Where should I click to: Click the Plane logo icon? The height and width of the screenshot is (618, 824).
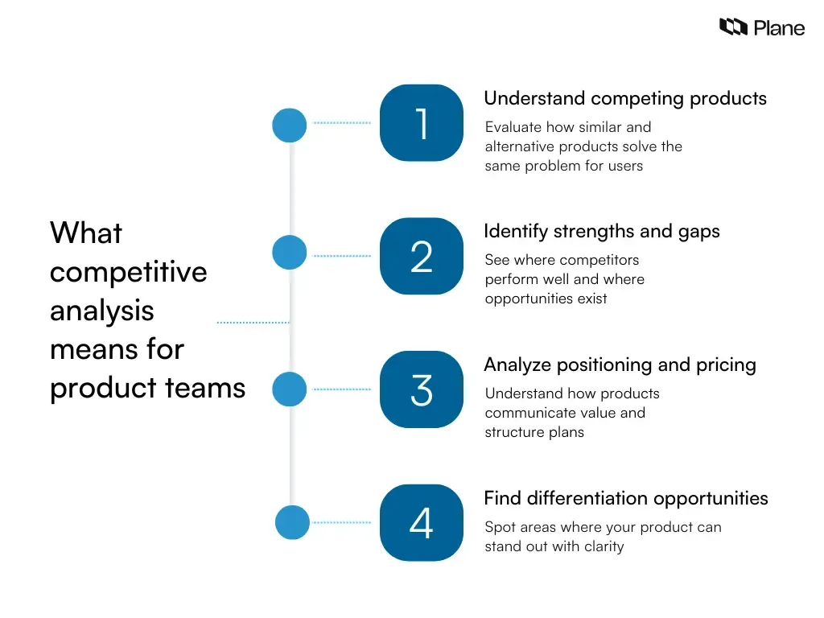[x=733, y=27]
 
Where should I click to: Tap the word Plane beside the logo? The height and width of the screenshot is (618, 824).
[x=779, y=28]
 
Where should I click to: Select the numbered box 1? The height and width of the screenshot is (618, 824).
[x=422, y=123]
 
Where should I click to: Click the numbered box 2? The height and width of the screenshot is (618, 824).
[x=422, y=257]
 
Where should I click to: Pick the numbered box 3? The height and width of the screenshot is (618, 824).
[x=422, y=389]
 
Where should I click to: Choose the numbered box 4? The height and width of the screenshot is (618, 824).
[x=422, y=523]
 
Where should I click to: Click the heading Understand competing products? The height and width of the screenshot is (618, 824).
[x=624, y=98]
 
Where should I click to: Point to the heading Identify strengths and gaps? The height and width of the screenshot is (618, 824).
[x=601, y=232]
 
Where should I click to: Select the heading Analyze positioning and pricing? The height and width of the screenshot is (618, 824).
[x=620, y=365]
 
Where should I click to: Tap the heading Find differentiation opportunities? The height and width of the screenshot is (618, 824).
[x=625, y=498]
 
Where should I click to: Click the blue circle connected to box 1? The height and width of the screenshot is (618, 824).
[x=290, y=126]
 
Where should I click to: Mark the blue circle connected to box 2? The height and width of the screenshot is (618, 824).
[x=290, y=253]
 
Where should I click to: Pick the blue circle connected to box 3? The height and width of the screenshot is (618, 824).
[x=290, y=389]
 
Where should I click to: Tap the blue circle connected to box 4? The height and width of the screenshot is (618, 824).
[x=292, y=522]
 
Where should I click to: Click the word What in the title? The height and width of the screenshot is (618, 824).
[x=86, y=233]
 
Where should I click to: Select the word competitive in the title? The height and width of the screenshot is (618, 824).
[x=128, y=272]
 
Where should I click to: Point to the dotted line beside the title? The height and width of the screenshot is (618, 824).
[x=253, y=323]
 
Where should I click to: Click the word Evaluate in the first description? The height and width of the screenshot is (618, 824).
[x=513, y=127]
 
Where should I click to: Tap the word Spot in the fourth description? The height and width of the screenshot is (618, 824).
[x=501, y=527]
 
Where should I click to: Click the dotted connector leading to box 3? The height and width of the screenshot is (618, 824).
[x=342, y=389]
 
